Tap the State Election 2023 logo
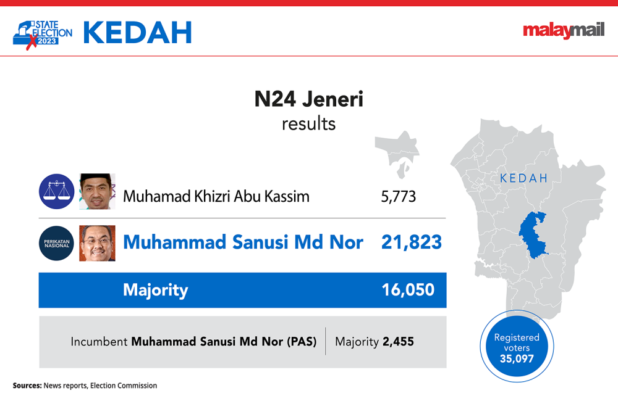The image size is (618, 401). click(x=43, y=35)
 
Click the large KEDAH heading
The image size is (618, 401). click(x=138, y=33)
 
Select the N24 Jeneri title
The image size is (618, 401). click(x=308, y=99)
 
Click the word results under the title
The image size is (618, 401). click(x=308, y=124)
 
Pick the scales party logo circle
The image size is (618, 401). click(x=57, y=191)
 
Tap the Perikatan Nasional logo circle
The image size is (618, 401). click(x=57, y=243)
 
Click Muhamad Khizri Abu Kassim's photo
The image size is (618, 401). click(x=97, y=191)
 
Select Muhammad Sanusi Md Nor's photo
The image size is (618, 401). click(x=97, y=243)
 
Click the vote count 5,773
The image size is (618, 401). click(x=398, y=196)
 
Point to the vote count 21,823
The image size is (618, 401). click(x=412, y=242)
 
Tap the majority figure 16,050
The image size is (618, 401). click(x=408, y=289)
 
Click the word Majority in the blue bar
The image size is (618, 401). click(x=155, y=291)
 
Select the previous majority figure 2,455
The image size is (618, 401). click(x=398, y=341)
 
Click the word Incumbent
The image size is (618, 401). click(x=99, y=342)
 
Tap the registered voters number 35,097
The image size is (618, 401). click(x=517, y=358)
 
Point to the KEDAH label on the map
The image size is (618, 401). click(x=524, y=178)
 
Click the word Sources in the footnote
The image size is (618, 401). click(x=27, y=386)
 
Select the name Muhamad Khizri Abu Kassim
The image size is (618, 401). click(x=216, y=196)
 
